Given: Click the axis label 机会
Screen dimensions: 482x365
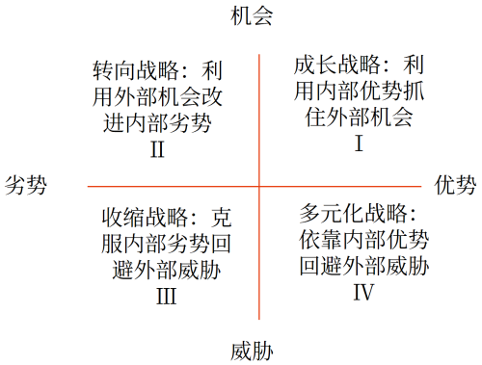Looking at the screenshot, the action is (253, 16).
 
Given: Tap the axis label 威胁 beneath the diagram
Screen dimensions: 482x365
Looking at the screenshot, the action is (253, 350).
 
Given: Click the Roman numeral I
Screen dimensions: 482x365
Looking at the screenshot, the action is (359, 144).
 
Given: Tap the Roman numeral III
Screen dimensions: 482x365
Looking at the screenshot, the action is (166, 295).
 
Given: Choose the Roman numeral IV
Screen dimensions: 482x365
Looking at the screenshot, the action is (363, 290).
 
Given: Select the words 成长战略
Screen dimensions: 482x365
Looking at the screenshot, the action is (326, 66).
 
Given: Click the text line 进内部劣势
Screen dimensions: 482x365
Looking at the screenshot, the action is (157, 123).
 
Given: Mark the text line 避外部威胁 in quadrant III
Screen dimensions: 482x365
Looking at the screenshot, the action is (166, 269).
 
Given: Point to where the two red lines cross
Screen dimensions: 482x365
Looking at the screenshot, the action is (259, 185).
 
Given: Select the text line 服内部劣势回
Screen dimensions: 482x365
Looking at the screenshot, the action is (166, 243).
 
